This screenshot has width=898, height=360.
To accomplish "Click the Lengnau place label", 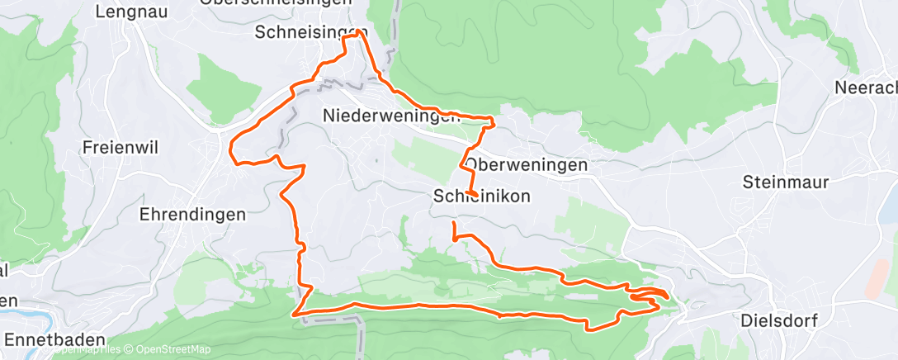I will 128,12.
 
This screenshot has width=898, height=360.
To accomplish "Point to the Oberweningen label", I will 526,165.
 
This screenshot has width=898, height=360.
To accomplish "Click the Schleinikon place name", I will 481,196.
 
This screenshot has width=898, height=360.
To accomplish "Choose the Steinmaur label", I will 784,182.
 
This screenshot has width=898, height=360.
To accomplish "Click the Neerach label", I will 866,87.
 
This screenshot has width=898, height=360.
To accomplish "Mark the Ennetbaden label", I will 54,339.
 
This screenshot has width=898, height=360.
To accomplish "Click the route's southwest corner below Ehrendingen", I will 295,313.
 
